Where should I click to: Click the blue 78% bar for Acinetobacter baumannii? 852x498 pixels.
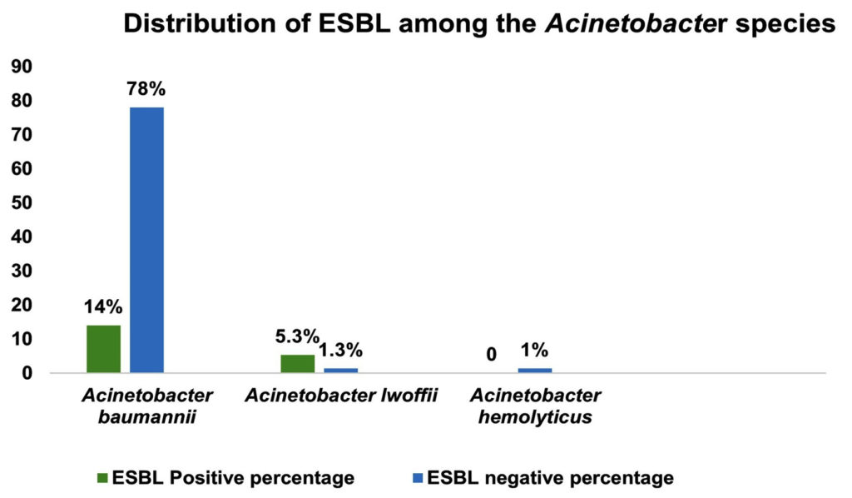(146, 240)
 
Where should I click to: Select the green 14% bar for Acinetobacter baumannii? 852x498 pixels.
(103, 349)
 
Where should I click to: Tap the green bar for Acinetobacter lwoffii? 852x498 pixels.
(297, 364)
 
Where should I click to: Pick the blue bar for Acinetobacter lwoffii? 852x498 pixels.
(340, 371)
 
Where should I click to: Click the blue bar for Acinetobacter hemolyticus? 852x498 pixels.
(534, 371)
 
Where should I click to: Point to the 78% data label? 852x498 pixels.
(146, 90)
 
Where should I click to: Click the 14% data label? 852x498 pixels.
(103, 307)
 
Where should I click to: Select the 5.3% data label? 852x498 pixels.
(297, 336)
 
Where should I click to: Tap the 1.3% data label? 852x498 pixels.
(341, 351)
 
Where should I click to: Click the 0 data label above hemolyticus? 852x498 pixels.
(492, 355)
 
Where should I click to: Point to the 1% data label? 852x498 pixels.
(535, 351)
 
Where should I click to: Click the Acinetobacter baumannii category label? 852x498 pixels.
(146, 406)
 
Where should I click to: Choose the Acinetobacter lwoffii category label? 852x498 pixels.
(342, 395)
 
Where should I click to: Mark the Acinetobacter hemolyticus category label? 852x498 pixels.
(535, 406)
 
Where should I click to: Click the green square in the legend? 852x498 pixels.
(102, 478)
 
